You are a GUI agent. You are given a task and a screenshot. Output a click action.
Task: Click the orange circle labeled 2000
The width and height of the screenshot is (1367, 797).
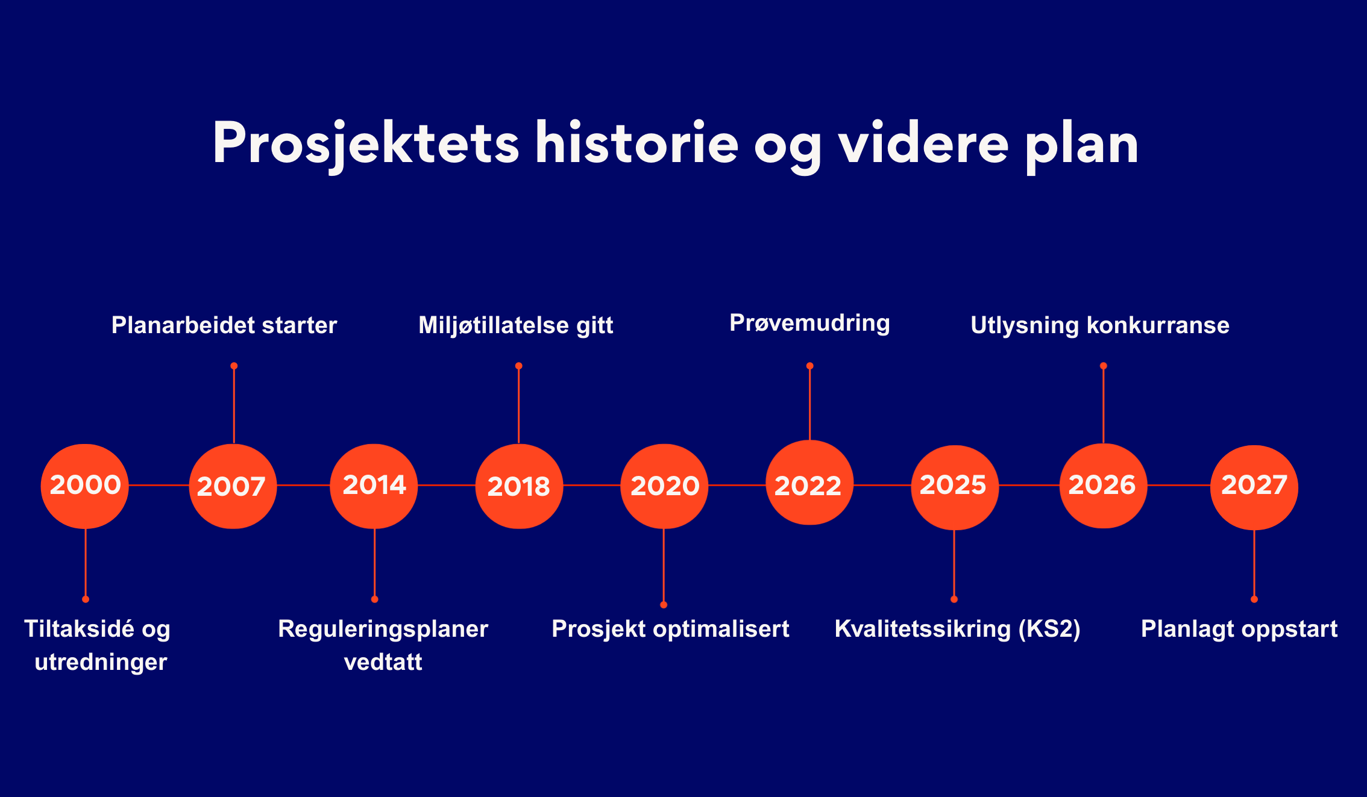[x=85, y=486]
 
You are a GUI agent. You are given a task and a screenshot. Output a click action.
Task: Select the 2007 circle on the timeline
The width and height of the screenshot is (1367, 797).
[x=233, y=486]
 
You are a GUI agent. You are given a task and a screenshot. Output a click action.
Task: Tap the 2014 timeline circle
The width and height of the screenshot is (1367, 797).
[x=374, y=486]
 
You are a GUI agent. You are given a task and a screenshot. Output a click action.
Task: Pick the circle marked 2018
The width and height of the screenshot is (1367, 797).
[x=519, y=486]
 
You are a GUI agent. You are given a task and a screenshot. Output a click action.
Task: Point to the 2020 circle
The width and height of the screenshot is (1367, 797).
[x=664, y=486]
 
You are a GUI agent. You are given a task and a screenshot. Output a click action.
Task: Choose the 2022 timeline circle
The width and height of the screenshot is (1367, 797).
[x=809, y=483]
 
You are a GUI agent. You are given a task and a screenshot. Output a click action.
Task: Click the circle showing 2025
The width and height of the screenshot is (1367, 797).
[x=955, y=487]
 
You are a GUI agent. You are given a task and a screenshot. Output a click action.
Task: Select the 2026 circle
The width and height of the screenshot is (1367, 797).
[x=1103, y=486]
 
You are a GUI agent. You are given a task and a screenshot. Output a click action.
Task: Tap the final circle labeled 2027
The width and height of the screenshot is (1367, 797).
[x=1254, y=487]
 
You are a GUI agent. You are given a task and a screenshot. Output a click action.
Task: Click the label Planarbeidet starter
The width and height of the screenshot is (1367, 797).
[x=224, y=325]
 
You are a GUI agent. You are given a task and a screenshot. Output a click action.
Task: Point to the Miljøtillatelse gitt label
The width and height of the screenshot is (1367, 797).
[x=516, y=326]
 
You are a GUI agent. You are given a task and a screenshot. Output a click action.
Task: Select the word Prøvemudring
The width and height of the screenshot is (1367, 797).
[x=809, y=323]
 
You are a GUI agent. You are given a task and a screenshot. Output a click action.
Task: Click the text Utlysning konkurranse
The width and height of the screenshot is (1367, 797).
[x=1100, y=325]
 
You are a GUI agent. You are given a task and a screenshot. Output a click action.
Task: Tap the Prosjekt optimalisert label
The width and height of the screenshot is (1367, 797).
[x=670, y=630]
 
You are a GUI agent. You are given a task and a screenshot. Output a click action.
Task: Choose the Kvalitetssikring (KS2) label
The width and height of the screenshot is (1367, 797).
[x=958, y=630]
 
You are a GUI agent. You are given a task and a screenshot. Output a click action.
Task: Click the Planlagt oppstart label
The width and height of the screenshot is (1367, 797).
[x=1239, y=630]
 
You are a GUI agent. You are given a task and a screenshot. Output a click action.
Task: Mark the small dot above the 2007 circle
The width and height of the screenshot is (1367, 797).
[x=234, y=366]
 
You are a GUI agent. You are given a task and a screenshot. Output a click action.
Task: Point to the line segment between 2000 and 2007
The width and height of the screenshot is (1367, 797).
[x=159, y=485]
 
